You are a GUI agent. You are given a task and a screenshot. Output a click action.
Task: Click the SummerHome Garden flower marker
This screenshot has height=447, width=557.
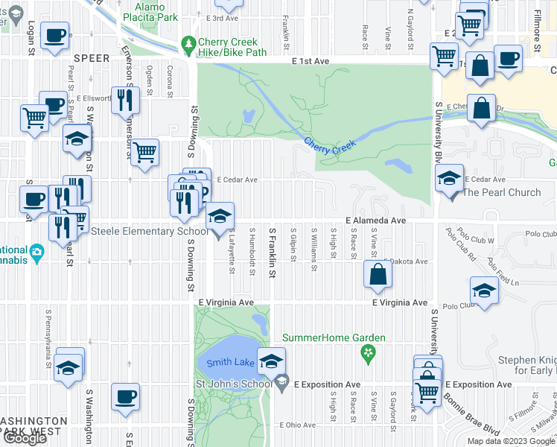click(366, 352)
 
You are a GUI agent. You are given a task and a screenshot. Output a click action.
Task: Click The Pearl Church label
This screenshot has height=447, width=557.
click(502, 193)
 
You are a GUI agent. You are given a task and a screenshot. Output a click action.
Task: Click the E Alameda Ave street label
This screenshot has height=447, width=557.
click(376, 221)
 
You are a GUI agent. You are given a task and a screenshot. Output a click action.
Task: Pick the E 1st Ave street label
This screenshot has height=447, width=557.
click(310, 61)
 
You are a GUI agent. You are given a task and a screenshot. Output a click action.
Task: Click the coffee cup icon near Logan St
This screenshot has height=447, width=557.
click(55, 36)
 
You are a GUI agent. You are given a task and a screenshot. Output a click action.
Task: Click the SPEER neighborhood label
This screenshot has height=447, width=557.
click(92, 57)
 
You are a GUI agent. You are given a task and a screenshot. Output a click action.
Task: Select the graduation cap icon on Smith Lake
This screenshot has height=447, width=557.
click(272, 362)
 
